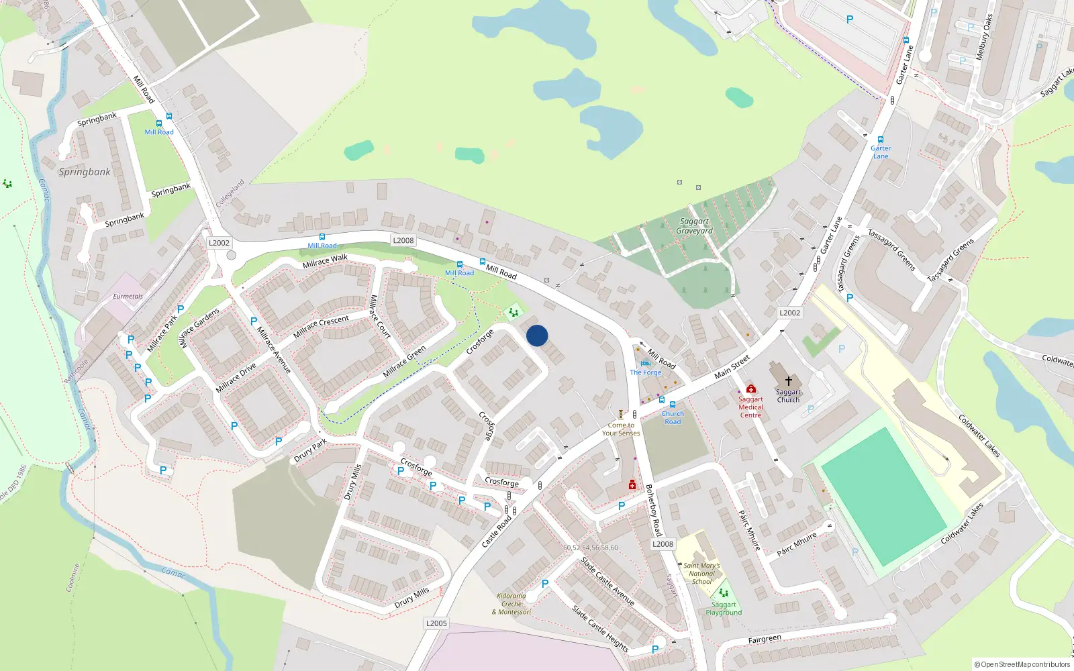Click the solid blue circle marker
[537, 335]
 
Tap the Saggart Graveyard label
[695, 226]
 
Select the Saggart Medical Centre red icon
[751, 389]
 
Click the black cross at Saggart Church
[789, 380]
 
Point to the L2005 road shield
[436, 623]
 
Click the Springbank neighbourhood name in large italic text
[85, 172]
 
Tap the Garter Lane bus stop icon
[881, 140]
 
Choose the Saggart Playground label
[724, 609]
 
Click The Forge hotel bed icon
[646, 364]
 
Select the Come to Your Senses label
[621, 429]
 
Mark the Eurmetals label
[128, 296]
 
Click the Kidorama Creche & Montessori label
[511, 604]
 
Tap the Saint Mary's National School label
[701, 574]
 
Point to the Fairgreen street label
[765, 639]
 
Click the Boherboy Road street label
[654, 510]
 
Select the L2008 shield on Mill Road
[403, 240]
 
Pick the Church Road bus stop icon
[673, 405]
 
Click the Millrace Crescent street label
[321, 326]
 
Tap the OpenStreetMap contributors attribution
[1022, 664]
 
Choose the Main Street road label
[732, 367]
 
